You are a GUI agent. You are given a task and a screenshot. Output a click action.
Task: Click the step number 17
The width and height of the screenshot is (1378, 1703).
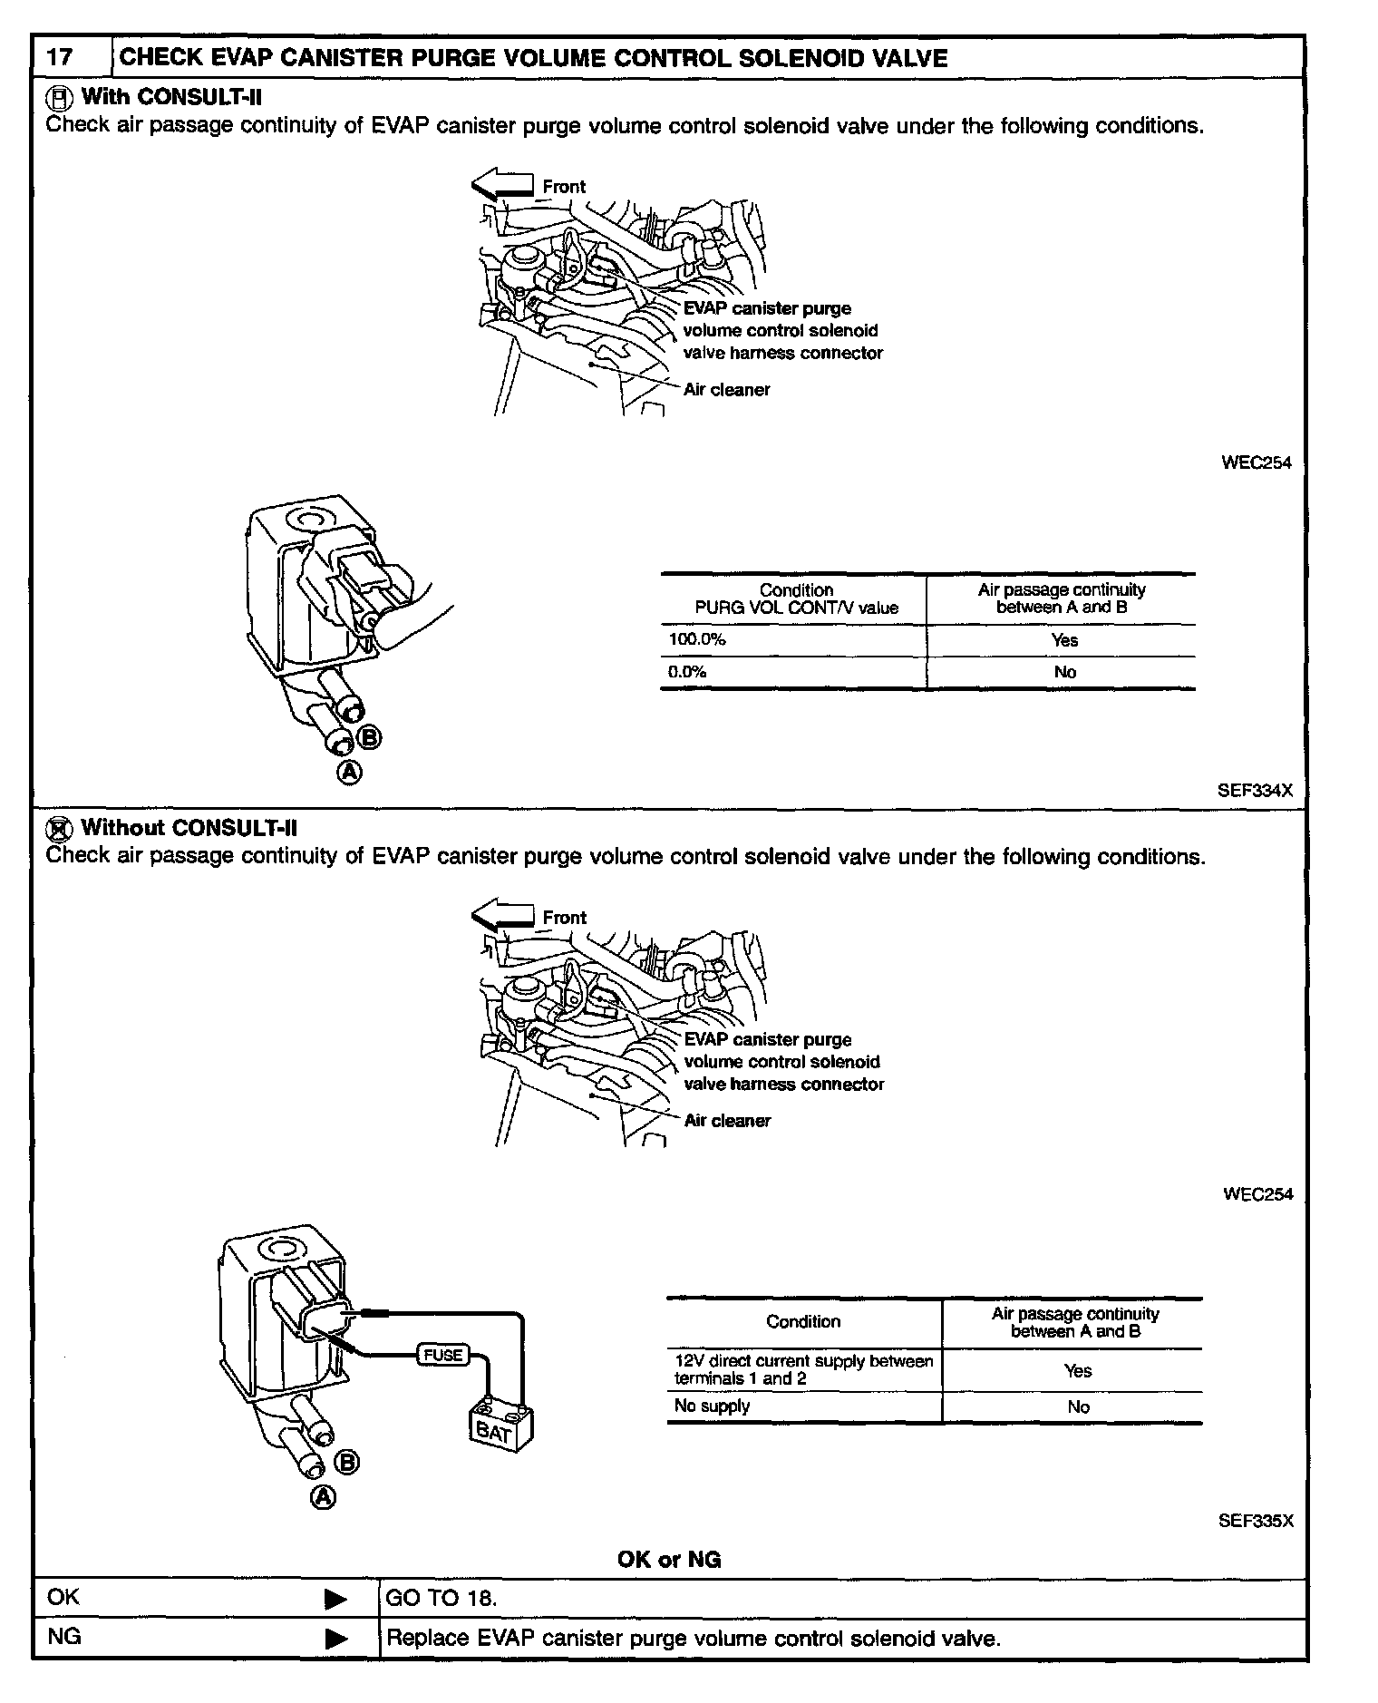pyautogui.click(x=60, y=58)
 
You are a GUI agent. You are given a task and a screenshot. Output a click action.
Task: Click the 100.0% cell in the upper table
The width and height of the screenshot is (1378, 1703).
pyautogui.click(x=697, y=639)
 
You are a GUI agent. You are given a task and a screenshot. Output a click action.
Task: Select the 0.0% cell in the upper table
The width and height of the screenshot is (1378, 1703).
pyautogui.click(x=687, y=672)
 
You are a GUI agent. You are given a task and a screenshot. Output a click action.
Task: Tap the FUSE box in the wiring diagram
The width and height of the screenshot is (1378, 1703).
pyautogui.click(x=443, y=1355)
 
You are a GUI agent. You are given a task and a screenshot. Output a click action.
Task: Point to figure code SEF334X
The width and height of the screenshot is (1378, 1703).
pyautogui.click(x=1255, y=790)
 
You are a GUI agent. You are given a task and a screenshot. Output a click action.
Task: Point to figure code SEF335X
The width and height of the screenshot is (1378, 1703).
pyautogui.click(x=1256, y=1521)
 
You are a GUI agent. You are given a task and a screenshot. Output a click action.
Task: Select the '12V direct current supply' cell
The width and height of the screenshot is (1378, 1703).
pyautogui.click(x=803, y=1369)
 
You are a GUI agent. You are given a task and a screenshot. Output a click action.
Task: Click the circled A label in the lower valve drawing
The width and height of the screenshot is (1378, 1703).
pyautogui.click(x=324, y=1497)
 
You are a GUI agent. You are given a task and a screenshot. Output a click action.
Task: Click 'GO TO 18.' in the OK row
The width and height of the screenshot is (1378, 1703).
pyautogui.click(x=442, y=1598)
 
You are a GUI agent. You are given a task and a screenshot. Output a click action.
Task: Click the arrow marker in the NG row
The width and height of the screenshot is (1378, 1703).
pyautogui.click(x=335, y=1639)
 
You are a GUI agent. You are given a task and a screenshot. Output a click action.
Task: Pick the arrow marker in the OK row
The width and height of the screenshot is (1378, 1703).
pyautogui.click(x=335, y=1599)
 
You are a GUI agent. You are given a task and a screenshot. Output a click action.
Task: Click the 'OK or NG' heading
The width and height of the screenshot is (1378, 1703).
pyautogui.click(x=669, y=1560)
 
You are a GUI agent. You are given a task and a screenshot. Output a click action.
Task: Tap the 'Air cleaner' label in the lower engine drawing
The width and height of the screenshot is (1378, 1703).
pyautogui.click(x=727, y=1121)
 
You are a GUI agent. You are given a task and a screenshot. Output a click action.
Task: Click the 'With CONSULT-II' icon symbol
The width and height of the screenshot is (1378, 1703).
pyautogui.click(x=58, y=97)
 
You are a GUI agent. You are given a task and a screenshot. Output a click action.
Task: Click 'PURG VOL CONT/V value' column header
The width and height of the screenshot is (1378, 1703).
pyautogui.click(x=796, y=608)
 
